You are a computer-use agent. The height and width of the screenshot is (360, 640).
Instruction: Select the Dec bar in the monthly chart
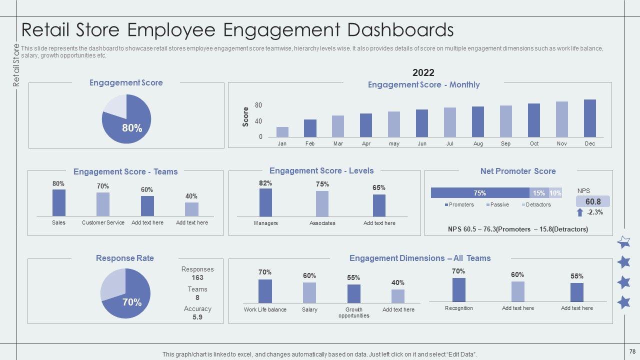pos(590,118)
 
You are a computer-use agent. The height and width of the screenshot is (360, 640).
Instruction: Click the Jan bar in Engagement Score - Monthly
pos(282,131)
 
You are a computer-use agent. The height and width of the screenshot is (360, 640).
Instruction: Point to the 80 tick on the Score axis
pos(258,105)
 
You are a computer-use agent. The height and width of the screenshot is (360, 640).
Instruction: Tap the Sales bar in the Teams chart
pos(59,202)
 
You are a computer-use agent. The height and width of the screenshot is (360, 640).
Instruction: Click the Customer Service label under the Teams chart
pos(103,222)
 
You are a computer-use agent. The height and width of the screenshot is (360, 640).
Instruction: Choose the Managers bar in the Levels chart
pos(265,202)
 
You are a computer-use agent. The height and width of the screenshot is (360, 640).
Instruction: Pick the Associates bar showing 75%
pos(322,203)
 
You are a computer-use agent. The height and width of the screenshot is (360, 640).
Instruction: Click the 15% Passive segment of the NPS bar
pos(538,193)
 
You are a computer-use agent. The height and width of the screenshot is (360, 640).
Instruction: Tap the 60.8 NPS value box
pos(592,201)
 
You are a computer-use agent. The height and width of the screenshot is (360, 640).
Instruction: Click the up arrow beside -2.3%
pos(580,212)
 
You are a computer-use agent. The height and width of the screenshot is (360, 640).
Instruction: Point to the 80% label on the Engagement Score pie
pos(132,128)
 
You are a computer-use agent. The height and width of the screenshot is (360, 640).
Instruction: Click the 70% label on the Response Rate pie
pos(132,302)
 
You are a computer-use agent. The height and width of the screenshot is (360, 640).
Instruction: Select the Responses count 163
pos(197,277)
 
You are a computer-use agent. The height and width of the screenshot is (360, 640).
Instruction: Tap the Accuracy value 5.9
pos(197,317)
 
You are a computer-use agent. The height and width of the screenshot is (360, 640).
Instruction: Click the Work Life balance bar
pos(265,291)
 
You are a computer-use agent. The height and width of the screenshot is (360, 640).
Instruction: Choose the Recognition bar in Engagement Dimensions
pos(458,289)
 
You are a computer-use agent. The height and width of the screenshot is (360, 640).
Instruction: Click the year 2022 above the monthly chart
pos(423,73)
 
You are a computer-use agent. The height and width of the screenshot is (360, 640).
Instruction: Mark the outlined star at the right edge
pos(623,243)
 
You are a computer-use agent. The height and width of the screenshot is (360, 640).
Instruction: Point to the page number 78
pos(632,351)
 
